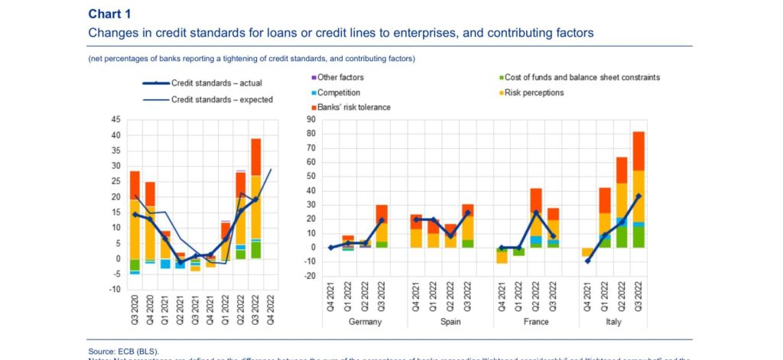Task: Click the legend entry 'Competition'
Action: click(x=339, y=92)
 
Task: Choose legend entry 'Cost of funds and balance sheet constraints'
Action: click(x=578, y=77)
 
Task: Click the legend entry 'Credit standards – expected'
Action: click(x=221, y=99)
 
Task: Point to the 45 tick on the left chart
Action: click(x=115, y=120)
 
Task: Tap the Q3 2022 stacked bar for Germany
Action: click(x=381, y=226)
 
